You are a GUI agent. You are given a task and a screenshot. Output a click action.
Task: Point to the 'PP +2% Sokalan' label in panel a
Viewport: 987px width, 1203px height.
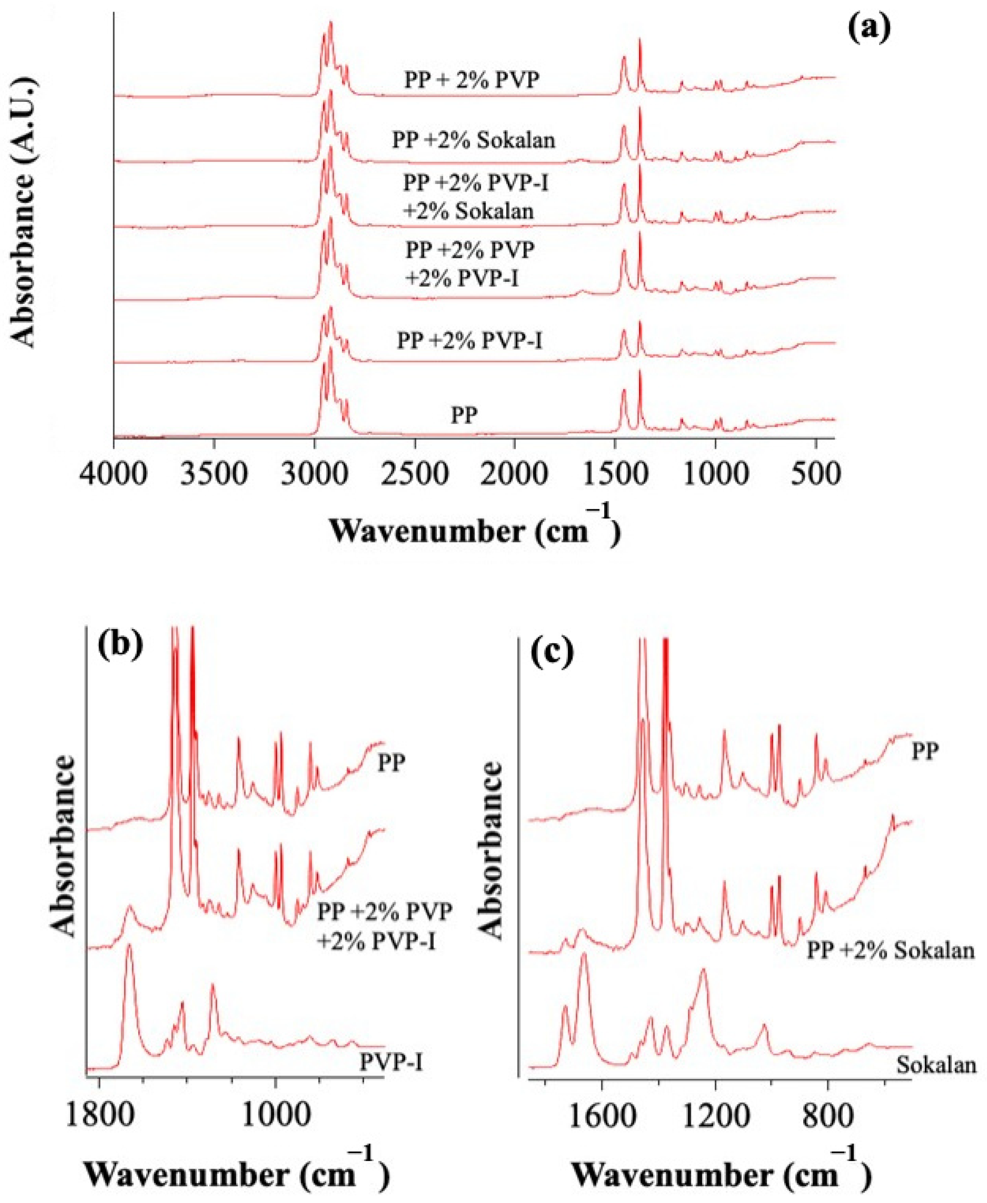473,140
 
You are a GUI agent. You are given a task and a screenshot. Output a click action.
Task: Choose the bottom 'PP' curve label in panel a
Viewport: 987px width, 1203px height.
464,416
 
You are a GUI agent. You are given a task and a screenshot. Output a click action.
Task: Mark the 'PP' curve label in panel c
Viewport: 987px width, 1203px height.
925,752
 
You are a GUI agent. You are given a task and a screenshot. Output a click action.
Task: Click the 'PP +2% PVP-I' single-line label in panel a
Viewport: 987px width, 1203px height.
469,341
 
